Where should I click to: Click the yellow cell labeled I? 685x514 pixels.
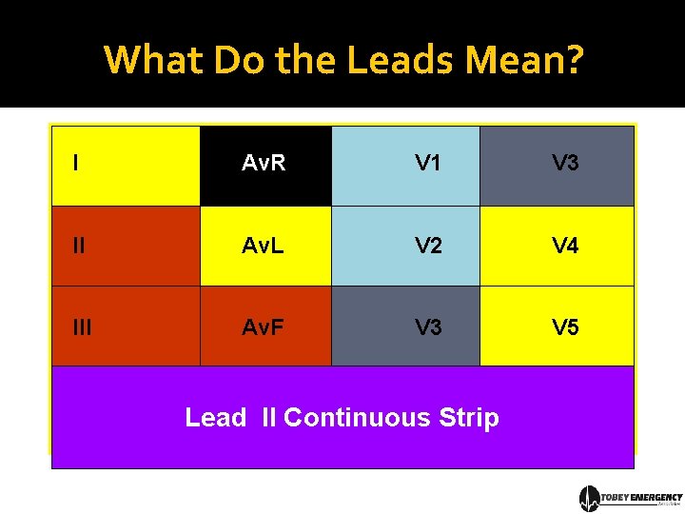(x=126, y=166)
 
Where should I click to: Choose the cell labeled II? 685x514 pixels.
(x=126, y=247)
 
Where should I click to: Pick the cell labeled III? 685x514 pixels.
(x=126, y=326)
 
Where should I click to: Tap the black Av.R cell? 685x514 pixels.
(x=265, y=166)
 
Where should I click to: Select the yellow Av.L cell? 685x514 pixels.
(x=265, y=247)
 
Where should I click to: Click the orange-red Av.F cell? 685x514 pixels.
(x=265, y=326)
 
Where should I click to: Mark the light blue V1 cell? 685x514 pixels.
(x=406, y=166)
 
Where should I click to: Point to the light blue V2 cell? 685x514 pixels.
(x=406, y=247)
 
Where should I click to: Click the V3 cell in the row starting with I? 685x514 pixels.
(x=557, y=166)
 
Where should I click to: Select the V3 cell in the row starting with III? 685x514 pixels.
(x=406, y=326)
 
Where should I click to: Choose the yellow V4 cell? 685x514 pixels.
(x=557, y=247)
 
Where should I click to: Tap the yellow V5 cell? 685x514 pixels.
(x=557, y=326)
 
